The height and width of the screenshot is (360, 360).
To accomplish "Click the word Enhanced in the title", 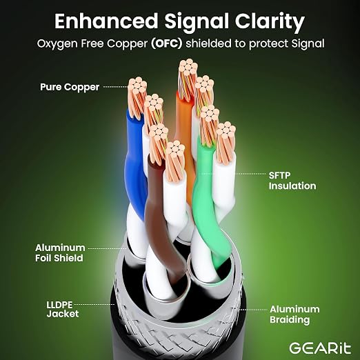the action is point(106,21).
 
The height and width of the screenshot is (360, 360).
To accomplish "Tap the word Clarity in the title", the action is point(270,22).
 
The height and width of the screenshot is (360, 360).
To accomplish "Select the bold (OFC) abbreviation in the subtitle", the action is point(167,43).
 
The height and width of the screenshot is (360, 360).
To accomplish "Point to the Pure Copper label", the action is point(70,87).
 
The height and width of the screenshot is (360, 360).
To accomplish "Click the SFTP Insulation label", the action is point(292,181).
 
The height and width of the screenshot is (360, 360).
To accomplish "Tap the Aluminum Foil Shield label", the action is point(60,253).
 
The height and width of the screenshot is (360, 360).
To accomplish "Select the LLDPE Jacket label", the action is point(63,309).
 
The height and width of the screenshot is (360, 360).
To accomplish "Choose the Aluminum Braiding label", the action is point(294,314).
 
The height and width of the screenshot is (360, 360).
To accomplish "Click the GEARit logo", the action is point(320,348).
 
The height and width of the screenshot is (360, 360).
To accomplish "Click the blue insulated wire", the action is point(134,166).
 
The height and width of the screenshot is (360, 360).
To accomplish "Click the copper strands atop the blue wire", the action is point(137,97).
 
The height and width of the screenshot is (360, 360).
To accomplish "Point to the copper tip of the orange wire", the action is point(188,78).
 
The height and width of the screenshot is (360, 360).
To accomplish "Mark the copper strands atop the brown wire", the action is point(158,143).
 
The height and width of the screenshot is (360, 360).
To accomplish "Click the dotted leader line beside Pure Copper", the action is point(115,87).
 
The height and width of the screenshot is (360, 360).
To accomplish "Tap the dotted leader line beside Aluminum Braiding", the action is point(253,310).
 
